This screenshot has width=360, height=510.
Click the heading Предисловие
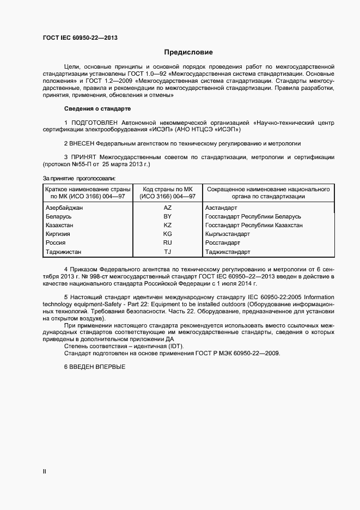[x=188, y=52]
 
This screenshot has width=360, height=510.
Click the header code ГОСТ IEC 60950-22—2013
[x=80, y=38]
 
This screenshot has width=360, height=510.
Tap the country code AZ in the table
[x=168, y=208]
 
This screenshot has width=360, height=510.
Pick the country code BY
[x=168, y=216]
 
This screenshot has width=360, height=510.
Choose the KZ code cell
[x=168, y=225]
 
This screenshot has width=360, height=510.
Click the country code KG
[x=168, y=234]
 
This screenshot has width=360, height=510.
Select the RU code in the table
[x=168, y=242]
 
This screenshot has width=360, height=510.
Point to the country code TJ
[x=168, y=252]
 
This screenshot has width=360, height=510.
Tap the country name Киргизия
[x=58, y=234]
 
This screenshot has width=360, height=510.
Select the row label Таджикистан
[x=64, y=252]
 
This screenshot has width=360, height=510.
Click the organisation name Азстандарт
[x=221, y=208]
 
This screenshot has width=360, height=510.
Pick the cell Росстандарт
[x=222, y=242]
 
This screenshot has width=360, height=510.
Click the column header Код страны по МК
[x=168, y=189]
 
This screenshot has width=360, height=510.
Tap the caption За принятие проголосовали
[x=78, y=178]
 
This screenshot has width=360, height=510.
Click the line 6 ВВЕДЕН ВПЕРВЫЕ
[x=95, y=367]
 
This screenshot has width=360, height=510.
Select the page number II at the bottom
[x=45, y=471]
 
